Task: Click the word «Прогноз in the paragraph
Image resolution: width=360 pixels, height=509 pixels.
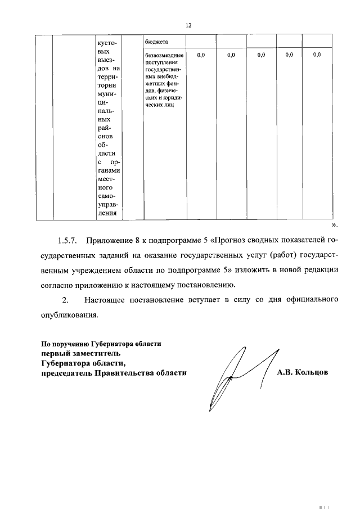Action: [x=232, y=242]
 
